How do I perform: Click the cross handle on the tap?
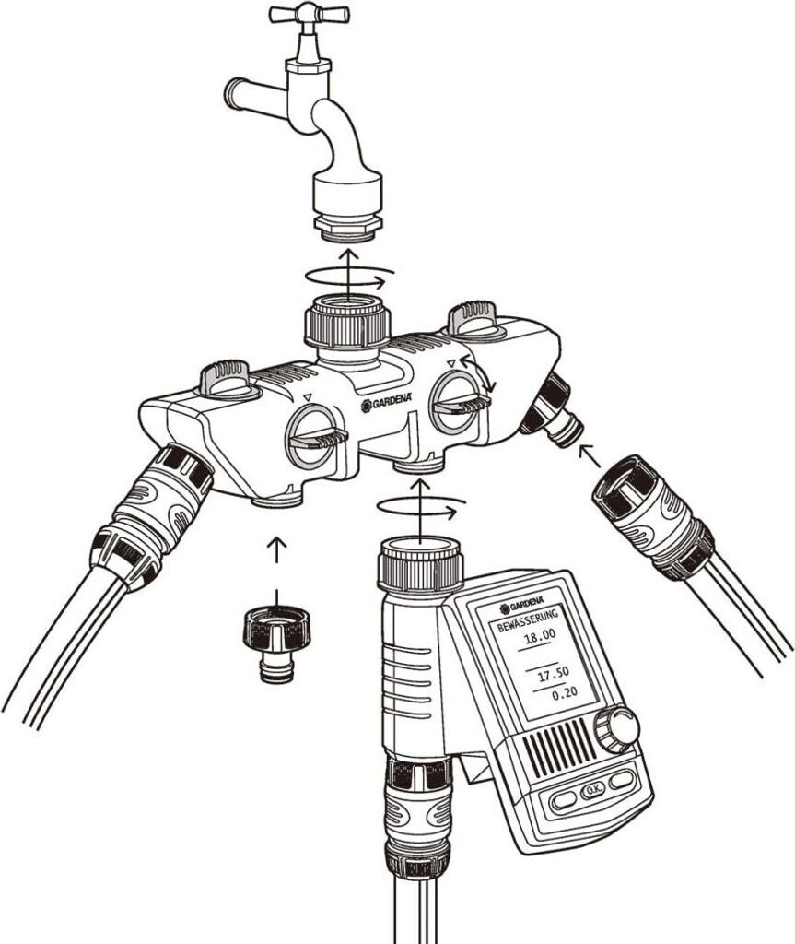point(309,14)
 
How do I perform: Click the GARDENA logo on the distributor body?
point(387,403)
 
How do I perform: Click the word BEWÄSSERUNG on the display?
point(529,620)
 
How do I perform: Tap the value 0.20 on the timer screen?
point(565,693)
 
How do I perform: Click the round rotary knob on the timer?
point(616,730)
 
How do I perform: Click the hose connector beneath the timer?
point(417,813)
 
